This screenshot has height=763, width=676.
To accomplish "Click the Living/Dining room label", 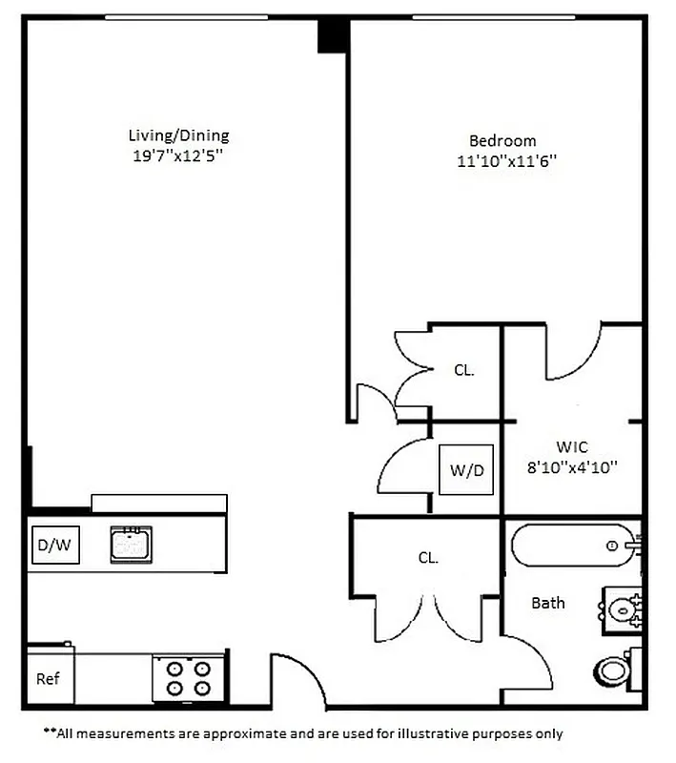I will [x=178, y=135].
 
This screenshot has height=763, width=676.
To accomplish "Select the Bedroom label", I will [x=502, y=140].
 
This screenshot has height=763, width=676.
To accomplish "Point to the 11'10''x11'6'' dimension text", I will [x=505, y=161].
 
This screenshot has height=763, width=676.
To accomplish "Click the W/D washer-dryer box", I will [x=466, y=469].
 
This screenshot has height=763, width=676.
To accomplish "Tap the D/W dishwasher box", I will [x=53, y=546].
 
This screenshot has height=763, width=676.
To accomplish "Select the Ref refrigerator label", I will [x=48, y=679].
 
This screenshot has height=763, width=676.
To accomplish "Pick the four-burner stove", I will [x=188, y=678].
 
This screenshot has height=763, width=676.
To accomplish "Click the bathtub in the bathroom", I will [x=570, y=546].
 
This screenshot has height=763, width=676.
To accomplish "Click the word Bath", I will [x=547, y=603].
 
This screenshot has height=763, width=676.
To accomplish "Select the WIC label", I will [x=572, y=446].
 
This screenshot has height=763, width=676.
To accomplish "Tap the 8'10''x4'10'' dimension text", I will [x=574, y=467].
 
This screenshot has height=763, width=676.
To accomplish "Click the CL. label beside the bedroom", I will [x=463, y=370].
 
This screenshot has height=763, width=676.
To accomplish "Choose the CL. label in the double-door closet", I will [x=427, y=558].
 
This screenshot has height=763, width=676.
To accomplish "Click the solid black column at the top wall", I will [x=332, y=35].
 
